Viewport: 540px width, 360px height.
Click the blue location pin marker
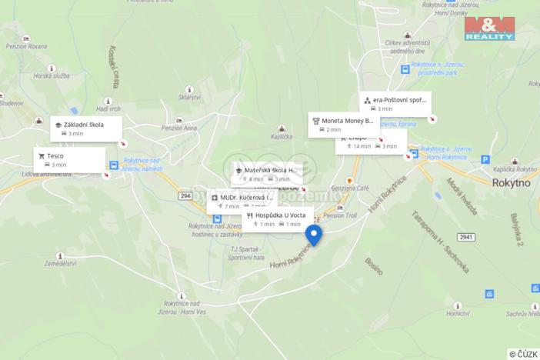[x=314, y=235]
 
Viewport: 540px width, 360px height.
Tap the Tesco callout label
[x=70, y=159]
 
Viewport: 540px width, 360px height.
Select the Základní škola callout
[x=87, y=128]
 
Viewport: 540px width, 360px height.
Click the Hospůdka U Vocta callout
[x=275, y=219]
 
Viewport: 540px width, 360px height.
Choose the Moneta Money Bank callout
[x=343, y=125]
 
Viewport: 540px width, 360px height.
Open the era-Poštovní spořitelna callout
[x=395, y=104]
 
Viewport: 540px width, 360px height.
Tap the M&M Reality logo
[x=489, y=28]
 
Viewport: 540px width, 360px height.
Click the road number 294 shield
[x=185, y=196]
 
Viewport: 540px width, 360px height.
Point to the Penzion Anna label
[x=180, y=128]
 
